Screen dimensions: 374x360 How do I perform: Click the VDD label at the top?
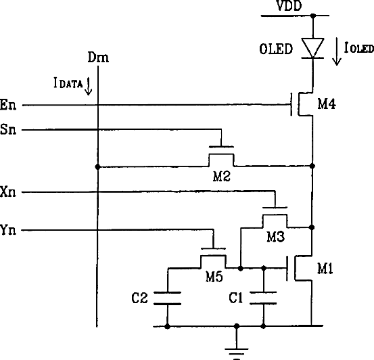pyautogui.click(x=289, y=5)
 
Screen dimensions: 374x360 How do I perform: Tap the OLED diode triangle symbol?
pyautogui.click(x=312, y=48)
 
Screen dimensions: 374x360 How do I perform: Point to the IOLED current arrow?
pyautogui.click(x=337, y=51)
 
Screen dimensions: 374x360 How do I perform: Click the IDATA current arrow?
pyautogui.click(x=89, y=86)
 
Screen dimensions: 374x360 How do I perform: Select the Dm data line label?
pyautogui.click(x=98, y=58)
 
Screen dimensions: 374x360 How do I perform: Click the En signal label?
pyautogui.click(x=8, y=105)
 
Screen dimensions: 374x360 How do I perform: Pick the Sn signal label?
pyautogui.click(x=8, y=129)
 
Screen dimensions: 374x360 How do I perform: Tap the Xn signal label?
pyautogui.click(x=8, y=192)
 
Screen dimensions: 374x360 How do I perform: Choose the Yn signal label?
pyautogui.click(x=8, y=230)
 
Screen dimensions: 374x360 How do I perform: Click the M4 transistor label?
pyautogui.click(x=327, y=104)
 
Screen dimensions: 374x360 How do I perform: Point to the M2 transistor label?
pyautogui.click(x=222, y=177)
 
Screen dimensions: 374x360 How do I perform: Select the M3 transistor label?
pyautogui.click(x=275, y=237)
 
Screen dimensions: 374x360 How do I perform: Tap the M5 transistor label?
pyautogui.click(x=214, y=277)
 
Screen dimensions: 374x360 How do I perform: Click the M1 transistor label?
pyautogui.click(x=325, y=269)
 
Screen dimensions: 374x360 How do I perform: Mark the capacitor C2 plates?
pyautogui.click(x=168, y=298)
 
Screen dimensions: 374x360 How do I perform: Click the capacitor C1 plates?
pyautogui.click(x=263, y=298)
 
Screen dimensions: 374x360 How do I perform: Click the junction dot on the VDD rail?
pyautogui.click(x=313, y=16)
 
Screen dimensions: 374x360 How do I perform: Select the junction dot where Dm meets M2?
pyautogui.click(x=97, y=166)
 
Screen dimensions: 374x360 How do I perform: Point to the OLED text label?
pyautogui.click(x=276, y=49)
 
